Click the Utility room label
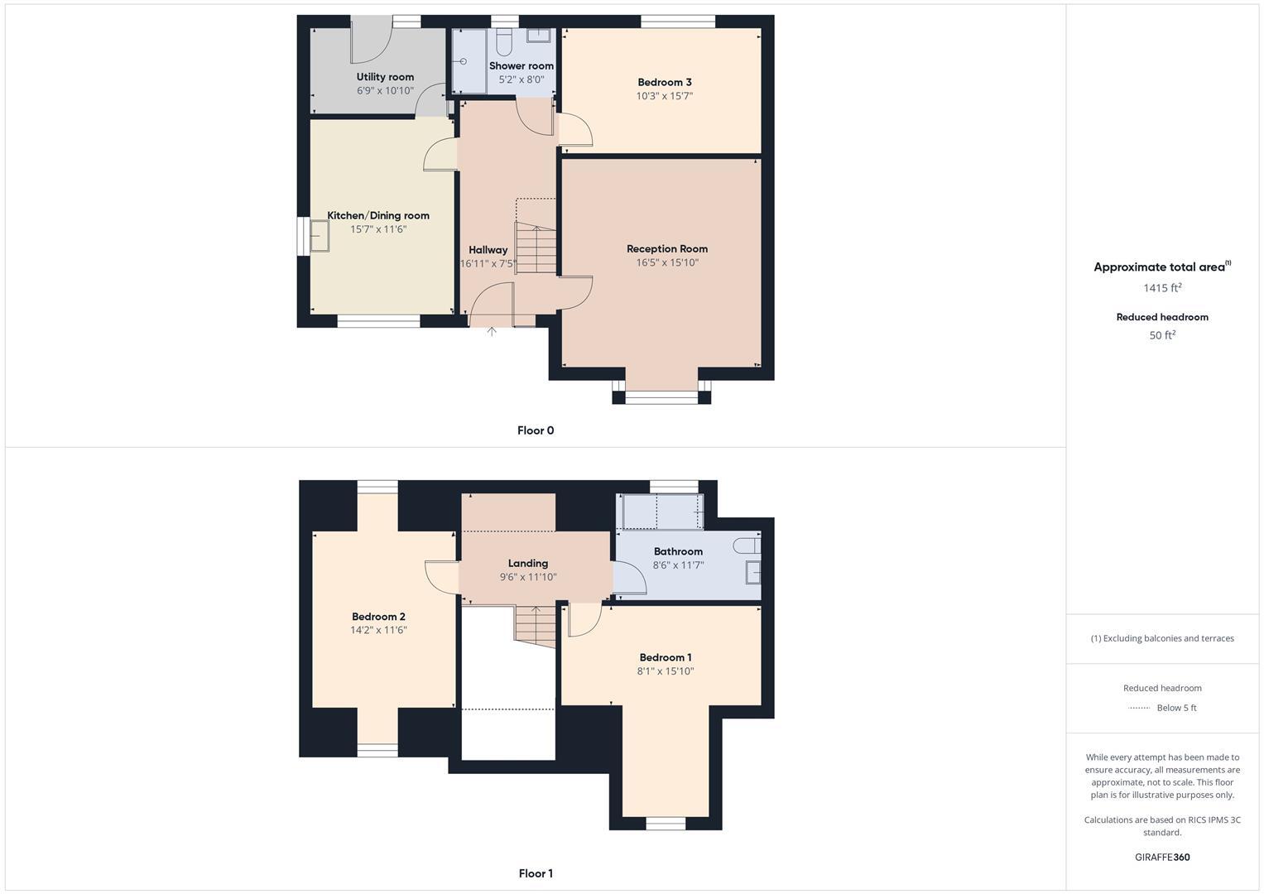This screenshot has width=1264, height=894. [385, 77]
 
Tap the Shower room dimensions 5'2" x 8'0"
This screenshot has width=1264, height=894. [521, 80]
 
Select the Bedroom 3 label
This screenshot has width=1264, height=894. [665, 82]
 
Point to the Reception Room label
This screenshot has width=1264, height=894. [667, 248]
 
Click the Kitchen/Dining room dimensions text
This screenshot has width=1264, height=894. [378, 229]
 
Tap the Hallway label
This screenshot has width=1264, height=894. [488, 250]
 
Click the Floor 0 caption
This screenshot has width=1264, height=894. [536, 430]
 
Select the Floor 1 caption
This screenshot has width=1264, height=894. [536, 873]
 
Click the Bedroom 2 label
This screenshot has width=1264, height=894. [378, 617]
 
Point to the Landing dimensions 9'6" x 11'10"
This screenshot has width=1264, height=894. [528, 577]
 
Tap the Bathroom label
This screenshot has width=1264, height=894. [678, 551]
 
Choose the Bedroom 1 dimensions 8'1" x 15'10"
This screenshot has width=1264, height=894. [666, 671]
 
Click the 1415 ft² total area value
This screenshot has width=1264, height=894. [1162, 288]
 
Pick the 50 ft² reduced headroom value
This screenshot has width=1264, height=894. [1162, 335]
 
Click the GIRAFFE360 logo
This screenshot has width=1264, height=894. [1162, 858]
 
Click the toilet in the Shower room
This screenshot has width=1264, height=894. [505, 42]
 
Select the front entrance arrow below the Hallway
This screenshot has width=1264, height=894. [492, 331]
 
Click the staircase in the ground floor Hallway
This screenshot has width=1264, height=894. [536, 248]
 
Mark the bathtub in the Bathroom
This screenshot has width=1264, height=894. [662, 512]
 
